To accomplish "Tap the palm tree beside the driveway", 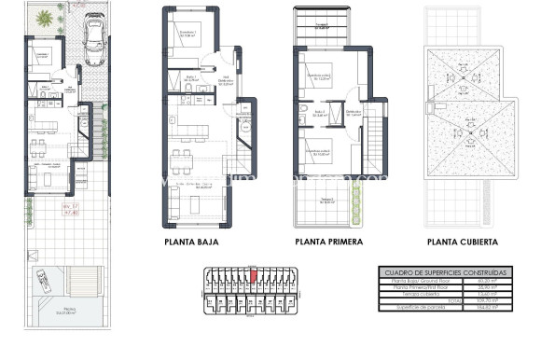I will point(45,17).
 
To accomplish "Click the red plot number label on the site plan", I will point(71,209).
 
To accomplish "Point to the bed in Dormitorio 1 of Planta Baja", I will point(181,43).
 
